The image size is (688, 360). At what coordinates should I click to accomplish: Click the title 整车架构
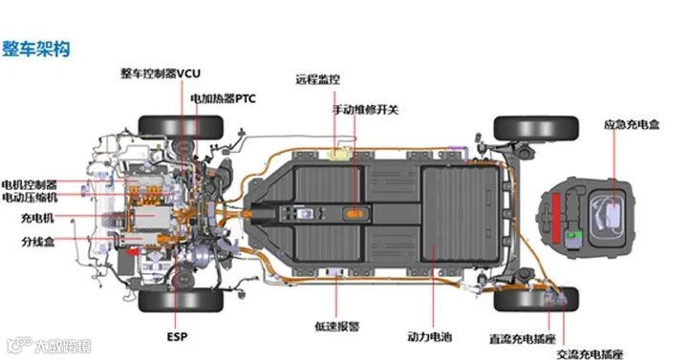(x=36, y=47)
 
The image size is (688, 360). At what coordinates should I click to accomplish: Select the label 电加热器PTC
(x=223, y=97)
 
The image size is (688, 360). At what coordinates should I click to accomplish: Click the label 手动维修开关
(x=365, y=110)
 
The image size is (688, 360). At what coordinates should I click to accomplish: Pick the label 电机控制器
(x=30, y=184)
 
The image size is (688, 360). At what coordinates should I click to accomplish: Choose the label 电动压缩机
(x=30, y=198)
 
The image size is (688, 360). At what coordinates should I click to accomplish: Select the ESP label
(x=178, y=336)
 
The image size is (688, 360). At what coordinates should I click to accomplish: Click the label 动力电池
(x=429, y=335)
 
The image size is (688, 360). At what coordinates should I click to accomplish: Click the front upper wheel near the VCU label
(x=181, y=126)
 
